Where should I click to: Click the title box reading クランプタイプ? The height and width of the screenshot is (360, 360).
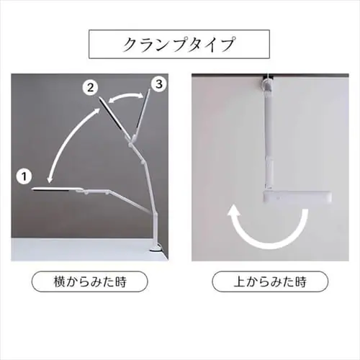(x=180, y=44)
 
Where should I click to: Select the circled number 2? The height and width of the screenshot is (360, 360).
(x=89, y=88)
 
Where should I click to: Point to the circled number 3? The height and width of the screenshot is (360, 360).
(x=159, y=85)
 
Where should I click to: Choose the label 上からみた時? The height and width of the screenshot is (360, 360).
(x=269, y=280)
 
